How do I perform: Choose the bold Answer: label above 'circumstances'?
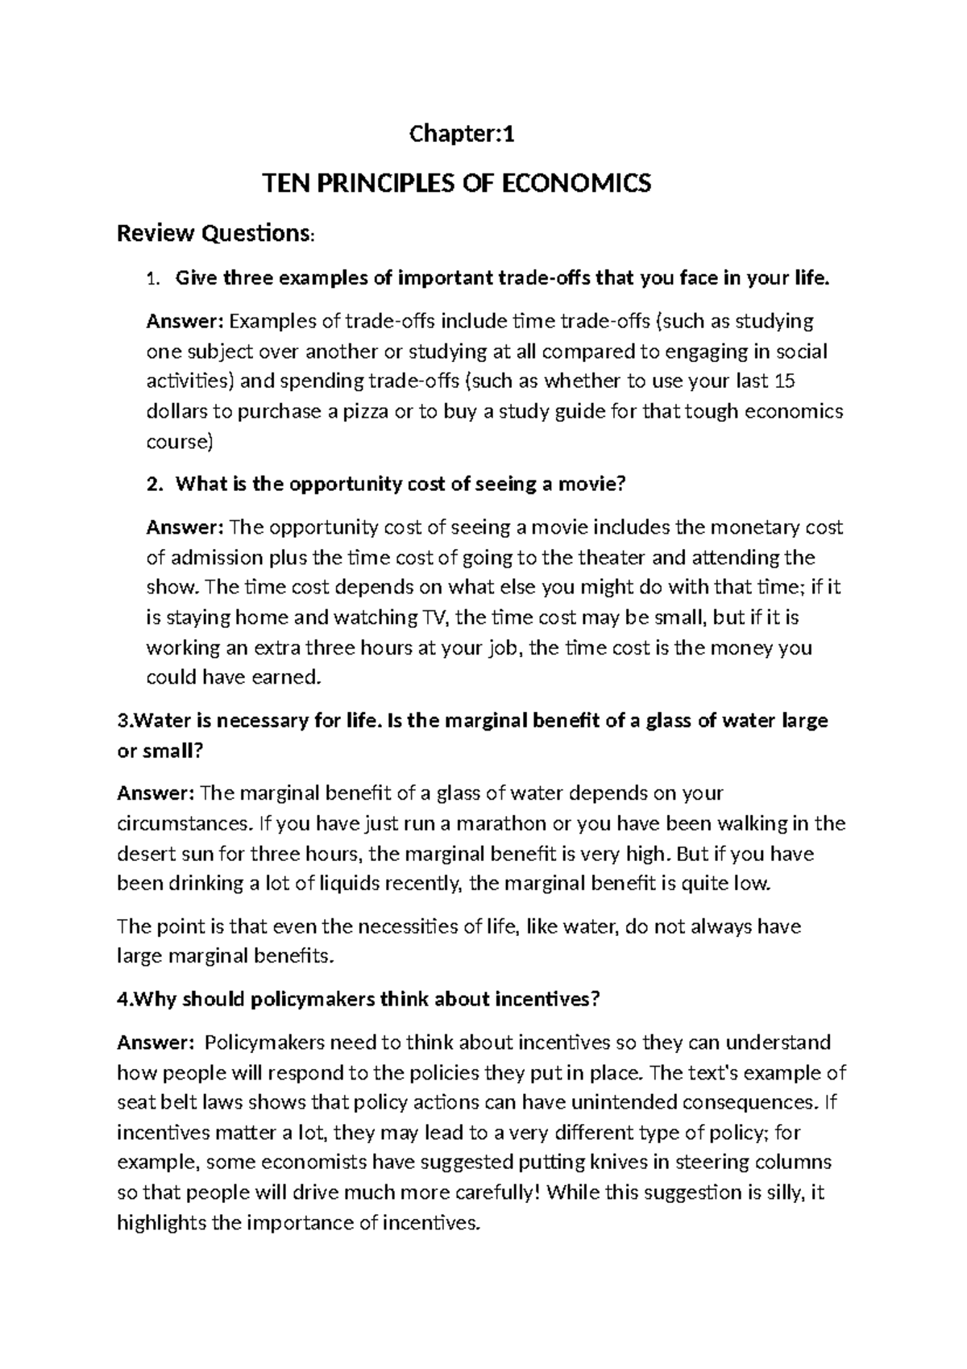[x=156, y=793]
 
